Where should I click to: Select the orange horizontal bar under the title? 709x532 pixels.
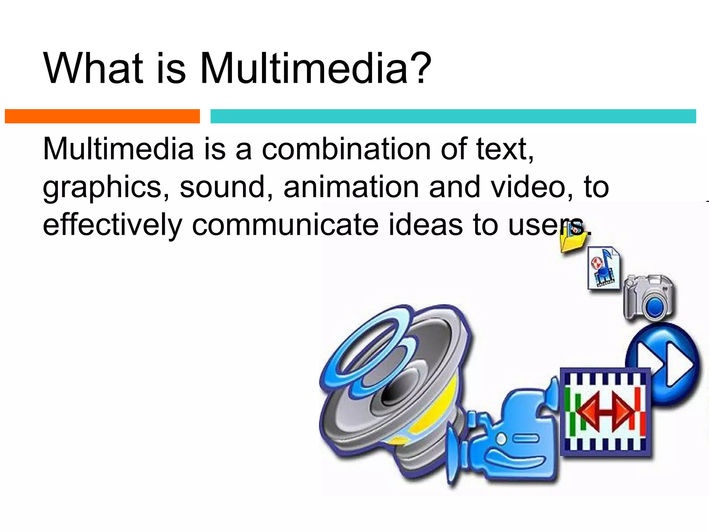click(102, 116)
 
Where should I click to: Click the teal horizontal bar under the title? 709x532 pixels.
click(453, 116)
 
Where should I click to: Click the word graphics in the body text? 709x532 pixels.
click(106, 188)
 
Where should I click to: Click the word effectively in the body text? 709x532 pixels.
click(112, 225)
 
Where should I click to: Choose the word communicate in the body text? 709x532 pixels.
click(285, 225)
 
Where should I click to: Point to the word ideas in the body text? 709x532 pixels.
click(425, 225)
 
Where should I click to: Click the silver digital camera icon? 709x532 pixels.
click(649, 297)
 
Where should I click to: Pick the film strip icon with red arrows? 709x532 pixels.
click(605, 412)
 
